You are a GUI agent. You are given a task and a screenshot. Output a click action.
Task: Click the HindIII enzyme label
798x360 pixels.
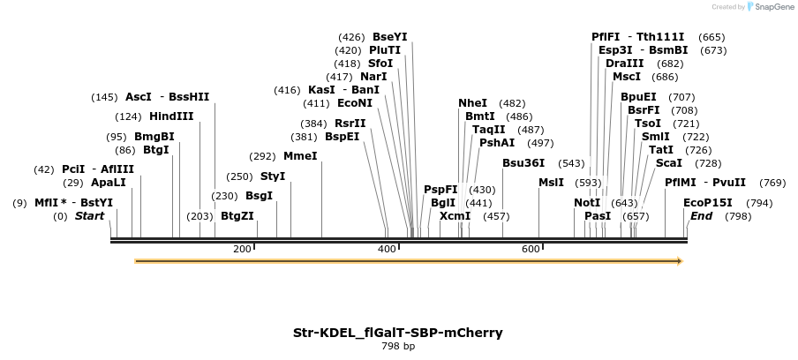(x=171, y=116)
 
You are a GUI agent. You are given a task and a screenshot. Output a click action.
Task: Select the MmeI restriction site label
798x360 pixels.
(x=300, y=156)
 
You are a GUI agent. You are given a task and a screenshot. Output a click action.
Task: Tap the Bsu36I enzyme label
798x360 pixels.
(x=523, y=163)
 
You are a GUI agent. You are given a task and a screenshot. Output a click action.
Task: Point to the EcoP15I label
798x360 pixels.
(x=708, y=203)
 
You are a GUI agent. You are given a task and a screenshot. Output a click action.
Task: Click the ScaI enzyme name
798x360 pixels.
(x=668, y=163)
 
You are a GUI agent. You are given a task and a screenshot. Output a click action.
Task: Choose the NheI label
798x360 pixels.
(x=472, y=103)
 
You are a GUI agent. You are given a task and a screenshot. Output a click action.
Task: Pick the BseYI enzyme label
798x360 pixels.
(x=390, y=37)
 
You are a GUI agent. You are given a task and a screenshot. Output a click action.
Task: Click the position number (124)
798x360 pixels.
(x=128, y=116)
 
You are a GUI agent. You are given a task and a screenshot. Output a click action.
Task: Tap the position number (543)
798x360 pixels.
(x=571, y=163)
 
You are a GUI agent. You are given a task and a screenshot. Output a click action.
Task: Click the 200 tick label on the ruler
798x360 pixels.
(x=242, y=250)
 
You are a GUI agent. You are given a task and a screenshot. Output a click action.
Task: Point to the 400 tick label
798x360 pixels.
(x=387, y=250)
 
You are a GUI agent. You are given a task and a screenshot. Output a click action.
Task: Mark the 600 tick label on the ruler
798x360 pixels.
(x=531, y=250)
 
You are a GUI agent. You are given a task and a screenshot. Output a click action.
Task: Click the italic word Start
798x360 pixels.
(x=89, y=216)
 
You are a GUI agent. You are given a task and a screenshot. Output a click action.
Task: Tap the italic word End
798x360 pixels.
(x=701, y=216)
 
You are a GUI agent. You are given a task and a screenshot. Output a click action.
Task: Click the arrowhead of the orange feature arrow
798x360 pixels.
(x=680, y=261)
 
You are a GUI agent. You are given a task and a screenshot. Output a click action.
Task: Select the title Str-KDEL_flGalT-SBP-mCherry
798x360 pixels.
(x=398, y=333)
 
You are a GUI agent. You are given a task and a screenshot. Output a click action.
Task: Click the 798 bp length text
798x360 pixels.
(x=398, y=346)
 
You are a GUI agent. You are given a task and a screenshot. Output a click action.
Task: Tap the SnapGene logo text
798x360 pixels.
(x=773, y=7)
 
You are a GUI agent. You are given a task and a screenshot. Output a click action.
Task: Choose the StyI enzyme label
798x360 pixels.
(x=273, y=176)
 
